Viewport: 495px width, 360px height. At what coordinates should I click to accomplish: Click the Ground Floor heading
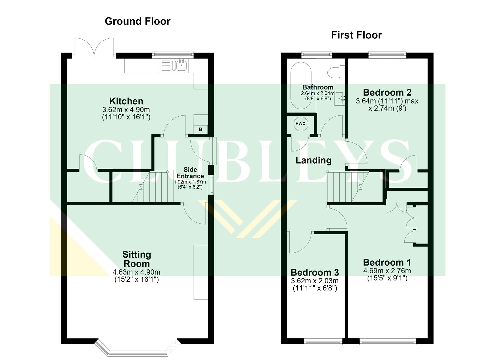[137, 21]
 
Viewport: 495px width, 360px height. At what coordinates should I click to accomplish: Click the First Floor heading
[356, 35]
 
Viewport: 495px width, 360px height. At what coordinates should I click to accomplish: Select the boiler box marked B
[201, 129]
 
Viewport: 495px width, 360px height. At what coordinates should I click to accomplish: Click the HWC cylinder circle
[300, 124]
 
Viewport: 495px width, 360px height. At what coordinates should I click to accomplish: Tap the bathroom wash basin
[341, 98]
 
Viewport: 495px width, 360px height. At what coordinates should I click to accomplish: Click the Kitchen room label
[126, 101]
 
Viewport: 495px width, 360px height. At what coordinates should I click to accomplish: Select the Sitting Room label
[137, 259]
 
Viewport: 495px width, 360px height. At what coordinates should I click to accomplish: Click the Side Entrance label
[190, 173]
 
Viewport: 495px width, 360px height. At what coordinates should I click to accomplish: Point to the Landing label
[313, 160]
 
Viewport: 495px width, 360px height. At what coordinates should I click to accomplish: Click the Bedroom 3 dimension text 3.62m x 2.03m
[315, 281]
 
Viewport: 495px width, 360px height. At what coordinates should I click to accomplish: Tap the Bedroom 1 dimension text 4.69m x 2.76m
[387, 271]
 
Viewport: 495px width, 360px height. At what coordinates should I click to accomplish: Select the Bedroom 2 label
[387, 92]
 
